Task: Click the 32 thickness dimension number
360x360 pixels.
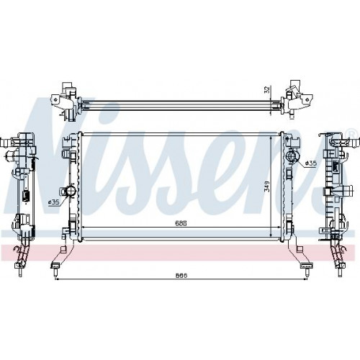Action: (x=267, y=90)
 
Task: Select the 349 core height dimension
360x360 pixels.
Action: (x=266, y=186)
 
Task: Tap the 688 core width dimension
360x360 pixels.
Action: (x=181, y=223)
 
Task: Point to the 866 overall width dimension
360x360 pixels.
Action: (x=181, y=275)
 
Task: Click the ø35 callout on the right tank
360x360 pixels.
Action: (x=311, y=163)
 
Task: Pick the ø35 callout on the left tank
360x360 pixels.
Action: (x=53, y=202)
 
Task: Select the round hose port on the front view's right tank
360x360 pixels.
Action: (x=292, y=156)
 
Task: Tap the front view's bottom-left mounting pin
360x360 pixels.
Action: (x=55, y=272)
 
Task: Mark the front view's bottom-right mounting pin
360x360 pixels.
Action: (x=307, y=272)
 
